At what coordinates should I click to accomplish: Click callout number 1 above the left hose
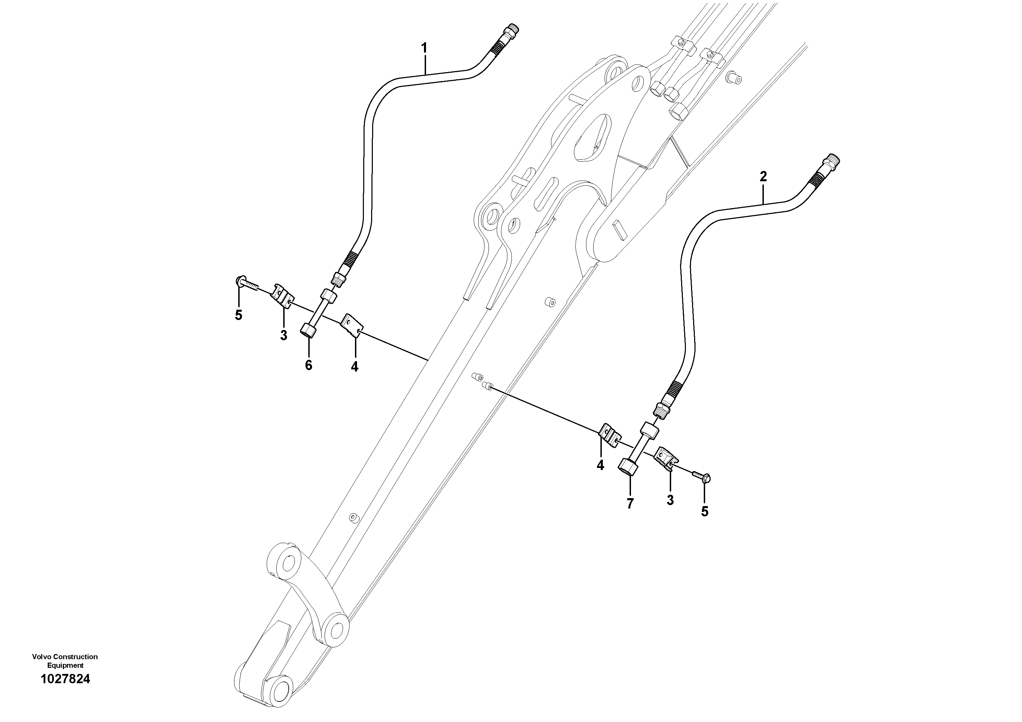[424, 48]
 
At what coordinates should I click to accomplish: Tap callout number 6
[309, 365]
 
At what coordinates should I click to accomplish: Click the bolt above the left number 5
[247, 283]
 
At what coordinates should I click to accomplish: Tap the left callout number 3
[284, 335]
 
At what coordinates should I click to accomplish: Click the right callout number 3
[670, 500]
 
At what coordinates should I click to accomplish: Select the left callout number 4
[354, 366]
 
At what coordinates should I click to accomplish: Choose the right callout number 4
[600, 465]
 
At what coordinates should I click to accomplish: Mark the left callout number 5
[239, 315]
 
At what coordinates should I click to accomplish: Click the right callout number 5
[704, 512]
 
